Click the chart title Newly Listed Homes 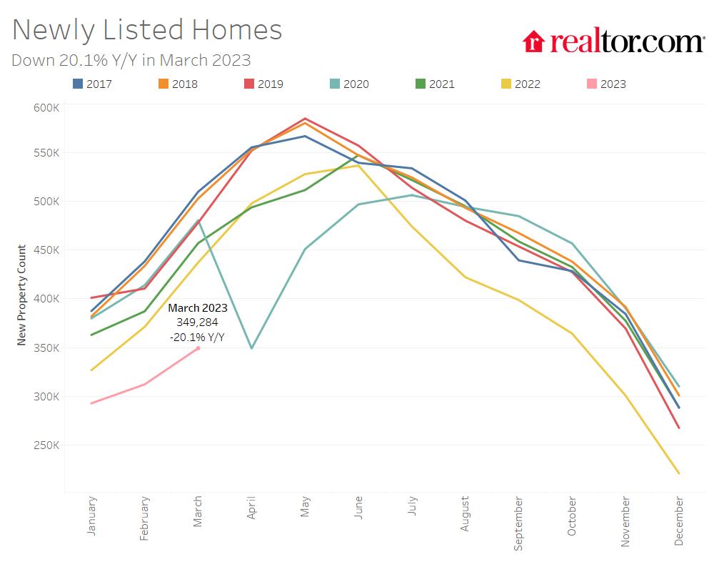pos(147,30)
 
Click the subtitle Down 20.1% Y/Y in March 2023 pos(131,60)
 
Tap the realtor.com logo pos(613,41)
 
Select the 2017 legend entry pos(92,84)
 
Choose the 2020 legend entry pos(349,84)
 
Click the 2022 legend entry pos(521,84)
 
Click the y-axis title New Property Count pos(21,295)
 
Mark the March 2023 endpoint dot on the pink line pos(198,348)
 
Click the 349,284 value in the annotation pos(197,322)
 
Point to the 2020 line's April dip pos(251,348)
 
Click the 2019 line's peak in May pos(305,119)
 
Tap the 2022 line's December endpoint pos(678,473)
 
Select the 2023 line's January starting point pos(91,403)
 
